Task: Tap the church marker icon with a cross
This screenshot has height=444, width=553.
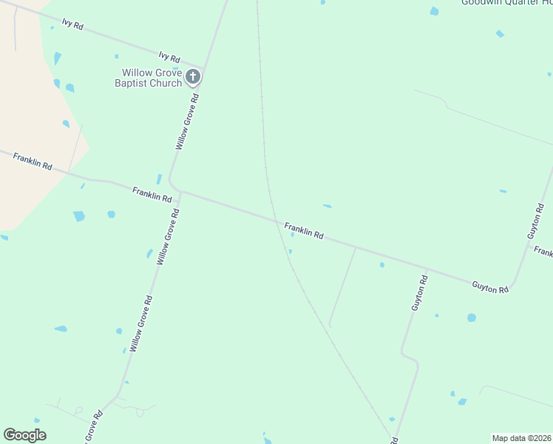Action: pyautogui.click(x=192, y=76)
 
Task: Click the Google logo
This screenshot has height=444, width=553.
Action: pyautogui.click(x=24, y=435)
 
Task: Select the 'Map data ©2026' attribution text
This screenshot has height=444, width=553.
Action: pyautogui.click(x=521, y=438)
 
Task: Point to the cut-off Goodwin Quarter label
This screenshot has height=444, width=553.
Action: pyautogui.click(x=506, y=3)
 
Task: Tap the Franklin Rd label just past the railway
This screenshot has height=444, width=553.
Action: pyautogui.click(x=304, y=230)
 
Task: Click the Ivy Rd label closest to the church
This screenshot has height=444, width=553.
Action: pyautogui.click(x=169, y=57)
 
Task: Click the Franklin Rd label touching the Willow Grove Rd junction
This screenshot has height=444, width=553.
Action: pyautogui.click(x=152, y=195)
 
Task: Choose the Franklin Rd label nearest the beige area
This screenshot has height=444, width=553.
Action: pyautogui.click(x=32, y=162)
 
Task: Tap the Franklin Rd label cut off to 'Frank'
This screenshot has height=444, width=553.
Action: pyautogui.click(x=543, y=252)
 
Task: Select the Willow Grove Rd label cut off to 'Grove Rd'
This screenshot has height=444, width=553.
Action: pyautogui.click(x=93, y=428)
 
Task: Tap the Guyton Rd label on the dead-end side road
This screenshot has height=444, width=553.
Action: pyautogui.click(x=420, y=292)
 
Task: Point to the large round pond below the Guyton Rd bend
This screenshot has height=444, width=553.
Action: pyautogui.click(x=472, y=317)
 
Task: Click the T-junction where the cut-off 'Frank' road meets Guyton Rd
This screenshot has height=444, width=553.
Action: pyautogui.click(x=530, y=245)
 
